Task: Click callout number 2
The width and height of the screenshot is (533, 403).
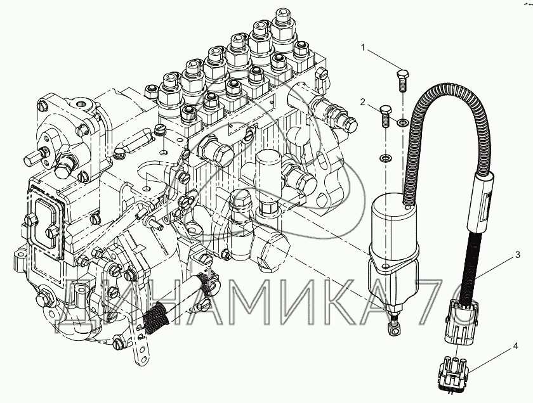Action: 363,102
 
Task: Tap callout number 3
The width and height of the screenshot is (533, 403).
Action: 517,254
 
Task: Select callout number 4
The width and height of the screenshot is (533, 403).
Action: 515,347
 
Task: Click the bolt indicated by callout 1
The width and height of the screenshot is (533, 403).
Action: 403,80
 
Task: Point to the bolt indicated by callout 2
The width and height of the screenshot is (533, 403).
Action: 385,116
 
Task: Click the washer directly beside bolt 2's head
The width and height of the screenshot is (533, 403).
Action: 403,122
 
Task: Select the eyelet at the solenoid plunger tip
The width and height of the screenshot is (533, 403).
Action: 394,328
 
